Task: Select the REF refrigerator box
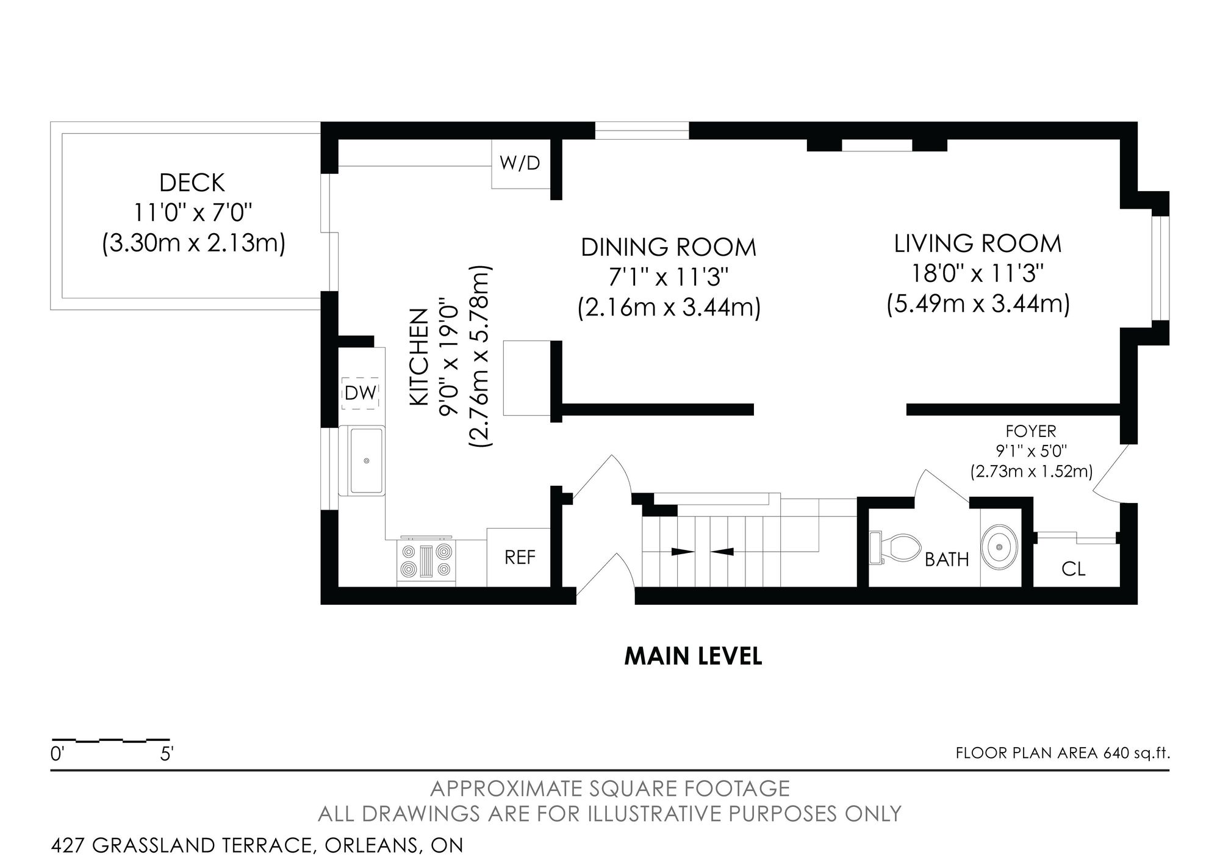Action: (x=519, y=557)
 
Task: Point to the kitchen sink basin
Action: (x=366, y=460)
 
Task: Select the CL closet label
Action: (x=1074, y=569)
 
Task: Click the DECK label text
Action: (x=192, y=183)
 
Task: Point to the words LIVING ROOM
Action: (x=978, y=244)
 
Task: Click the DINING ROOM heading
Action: (x=669, y=247)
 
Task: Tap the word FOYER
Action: (x=1031, y=431)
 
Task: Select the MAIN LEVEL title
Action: (x=694, y=657)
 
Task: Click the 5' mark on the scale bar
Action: (x=167, y=754)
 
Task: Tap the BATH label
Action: (x=947, y=560)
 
